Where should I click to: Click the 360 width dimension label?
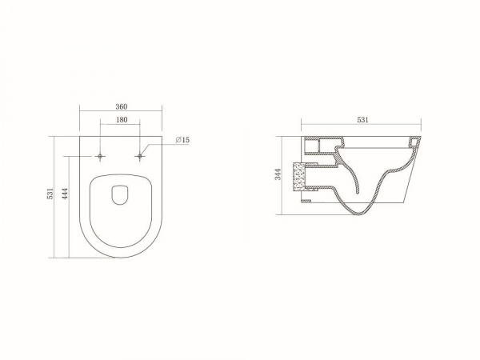pyautogui.click(x=122, y=107)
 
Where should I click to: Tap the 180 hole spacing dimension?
pyautogui.click(x=122, y=120)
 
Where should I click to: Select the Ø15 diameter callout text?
pyautogui.click(x=182, y=140)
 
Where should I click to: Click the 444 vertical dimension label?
pyautogui.click(x=65, y=194)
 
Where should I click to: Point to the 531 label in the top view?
pyautogui.click(x=50, y=194)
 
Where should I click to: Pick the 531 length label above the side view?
pyautogui.click(x=362, y=120)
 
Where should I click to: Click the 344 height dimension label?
pyautogui.click(x=278, y=174)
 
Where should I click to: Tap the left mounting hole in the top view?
pyautogui.click(x=100, y=157)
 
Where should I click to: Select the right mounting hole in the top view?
pyautogui.click(x=139, y=157)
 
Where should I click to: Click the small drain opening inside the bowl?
pyautogui.click(x=120, y=195)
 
